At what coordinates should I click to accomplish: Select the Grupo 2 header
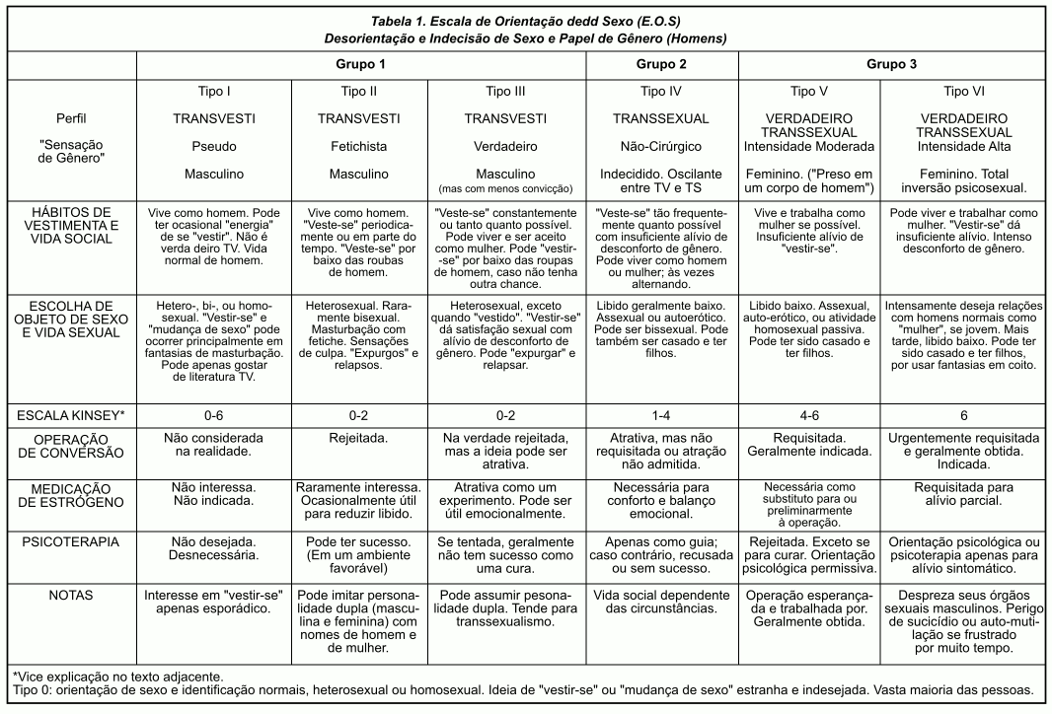(x=661, y=64)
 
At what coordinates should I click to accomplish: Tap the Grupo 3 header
(x=892, y=64)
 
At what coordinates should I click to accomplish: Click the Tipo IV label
(x=661, y=92)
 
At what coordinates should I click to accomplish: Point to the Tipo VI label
(x=970, y=92)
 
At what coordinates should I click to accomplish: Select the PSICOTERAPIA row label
(x=71, y=541)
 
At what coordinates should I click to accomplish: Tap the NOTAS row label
(x=71, y=597)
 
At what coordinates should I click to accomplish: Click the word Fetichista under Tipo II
(x=358, y=146)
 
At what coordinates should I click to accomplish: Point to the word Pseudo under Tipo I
(x=214, y=146)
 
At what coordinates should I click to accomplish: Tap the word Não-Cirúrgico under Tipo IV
(x=661, y=146)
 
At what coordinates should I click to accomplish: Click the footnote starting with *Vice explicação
(x=117, y=676)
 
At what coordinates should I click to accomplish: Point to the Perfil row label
(x=71, y=118)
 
